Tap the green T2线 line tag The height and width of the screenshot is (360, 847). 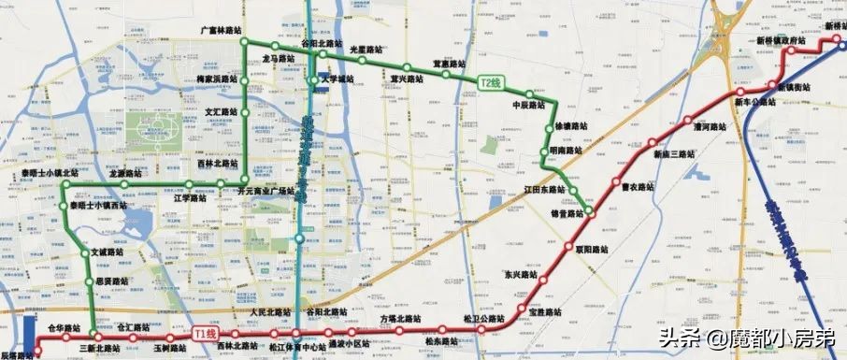[490, 82]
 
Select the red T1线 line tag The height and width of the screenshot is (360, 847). [204, 334]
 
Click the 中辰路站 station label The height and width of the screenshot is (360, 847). [528, 106]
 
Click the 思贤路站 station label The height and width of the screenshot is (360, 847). [111, 280]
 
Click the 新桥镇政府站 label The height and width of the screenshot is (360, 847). [781, 41]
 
